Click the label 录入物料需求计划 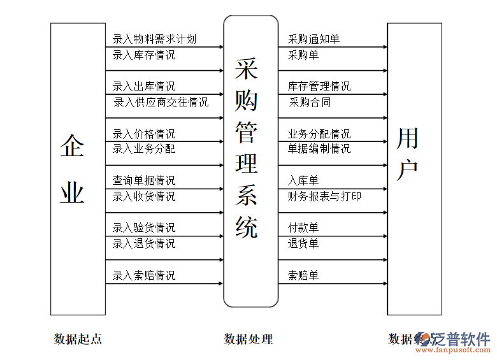[154, 40]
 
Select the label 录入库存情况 [144, 55]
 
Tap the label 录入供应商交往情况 [161, 102]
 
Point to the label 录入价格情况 [144, 134]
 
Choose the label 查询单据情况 [144, 181]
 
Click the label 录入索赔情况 [144, 275]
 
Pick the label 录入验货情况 [144, 227]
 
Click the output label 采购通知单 [314, 40]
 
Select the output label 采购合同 [309, 102]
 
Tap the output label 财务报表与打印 [324, 196]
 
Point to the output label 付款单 [303, 227]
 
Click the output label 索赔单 [303, 275]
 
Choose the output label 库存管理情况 [319, 86]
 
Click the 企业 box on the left [78, 169]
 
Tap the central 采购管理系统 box [250, 161]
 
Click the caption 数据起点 [78, 339]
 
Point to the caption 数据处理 [248, 339]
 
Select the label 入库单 [303, 181]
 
